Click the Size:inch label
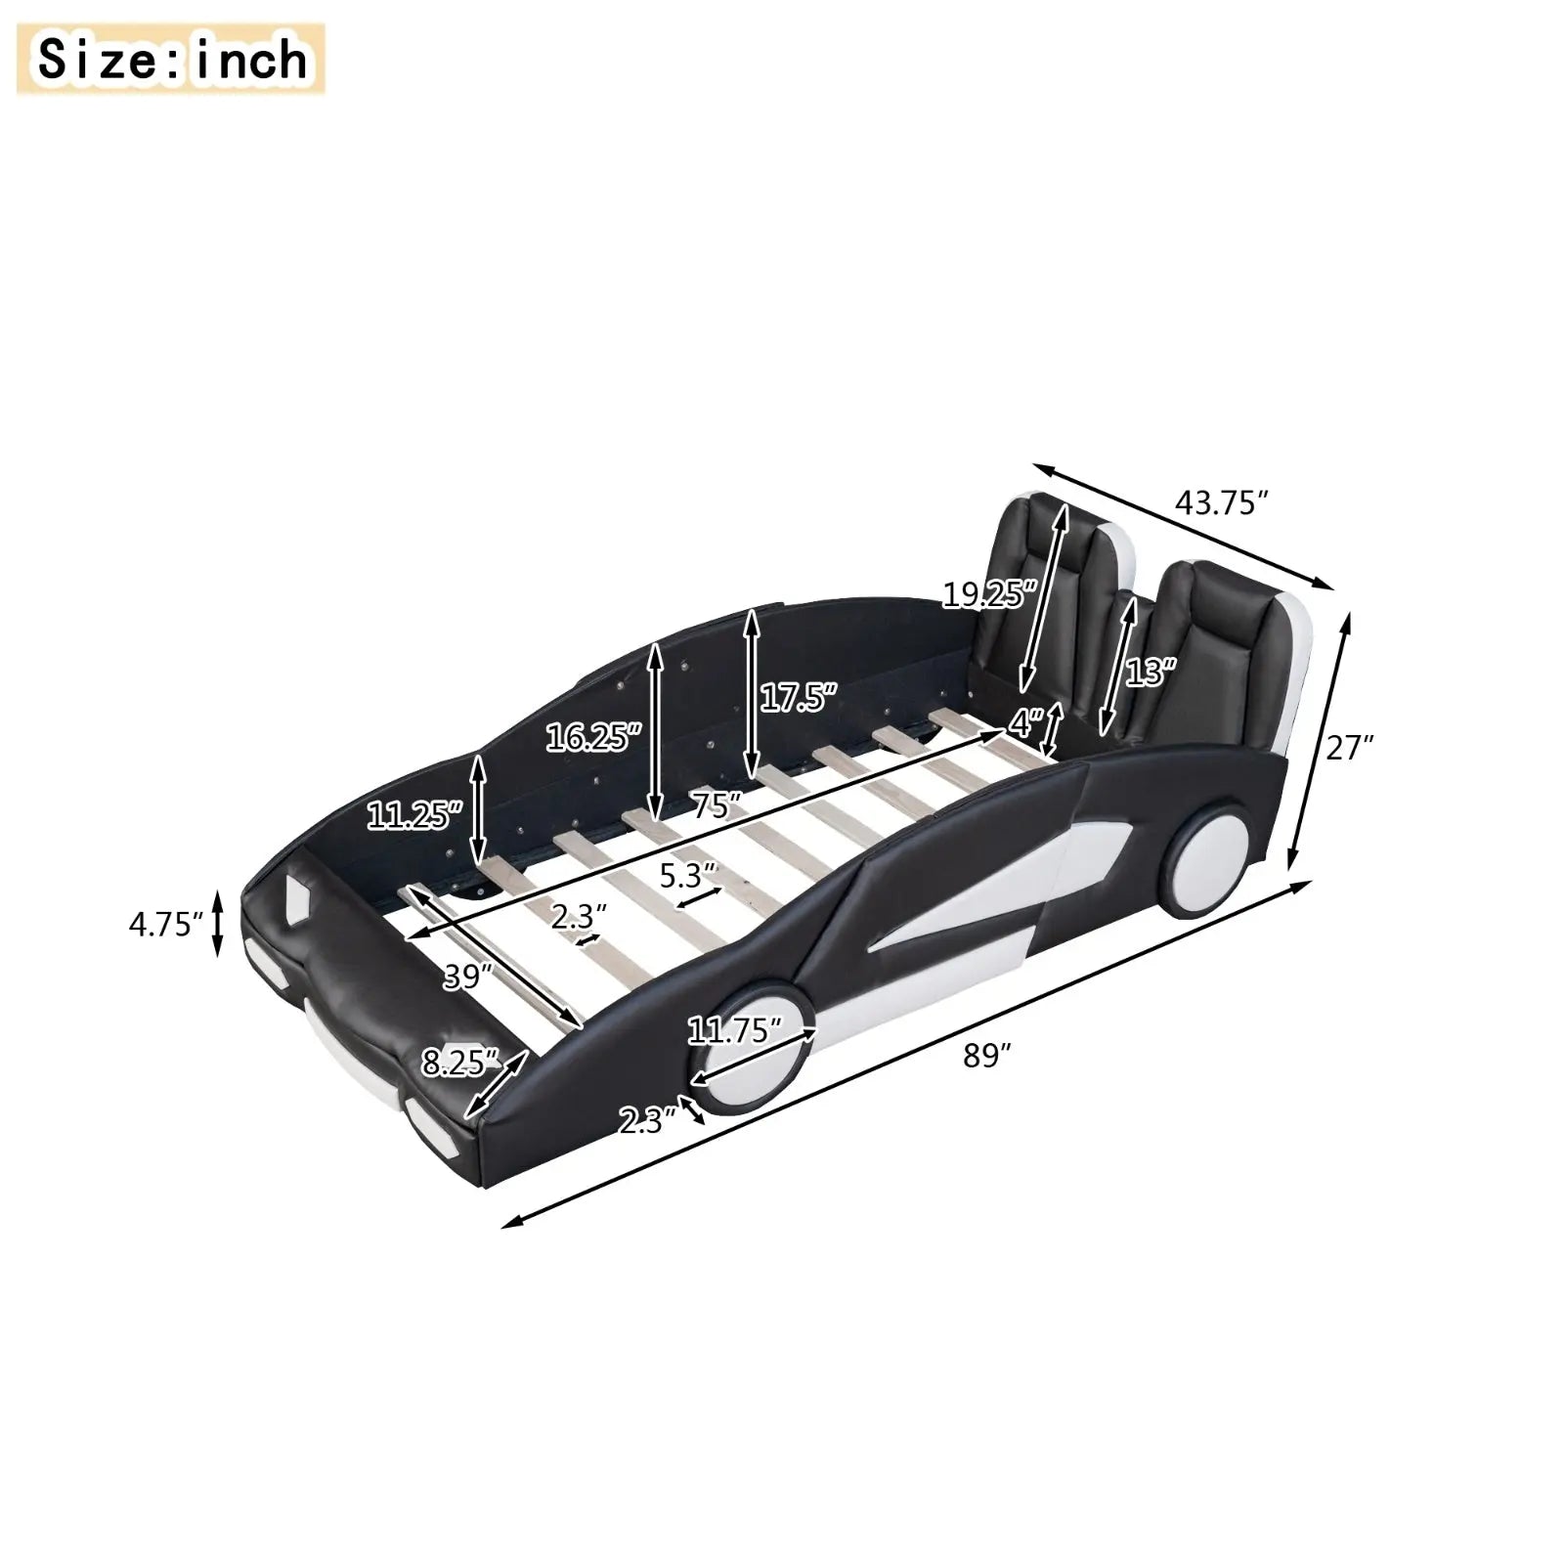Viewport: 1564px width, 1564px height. coord(172,61)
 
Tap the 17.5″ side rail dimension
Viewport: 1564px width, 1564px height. coord(799,698)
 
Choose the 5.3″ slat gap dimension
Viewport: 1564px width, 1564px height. coord(688,876)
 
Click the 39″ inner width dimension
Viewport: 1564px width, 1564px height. coord(466,977)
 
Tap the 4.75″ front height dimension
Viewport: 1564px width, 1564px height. coord(165,924)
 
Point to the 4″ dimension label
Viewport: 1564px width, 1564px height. coord(1025,724)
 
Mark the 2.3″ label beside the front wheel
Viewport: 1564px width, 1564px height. coord(647,1120)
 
